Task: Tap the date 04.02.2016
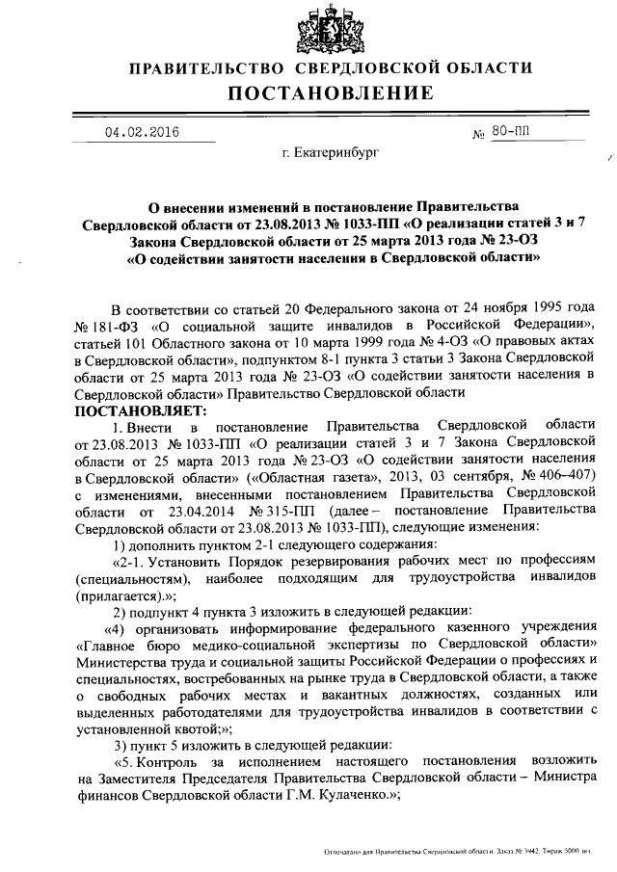[x=142, y=133]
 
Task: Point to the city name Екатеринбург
[x=331, y=153]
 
